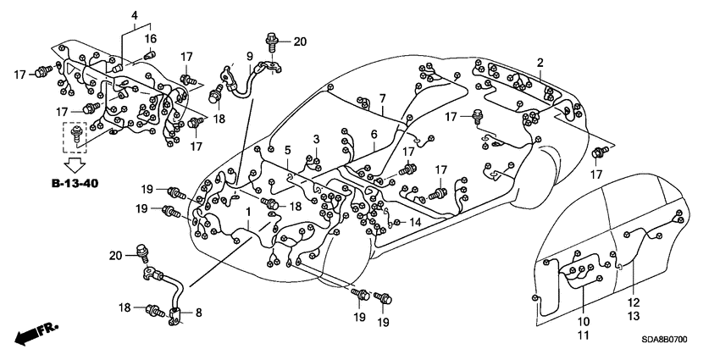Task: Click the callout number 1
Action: [247, 211]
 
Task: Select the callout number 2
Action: [540, 62]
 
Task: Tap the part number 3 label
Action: [316, 139]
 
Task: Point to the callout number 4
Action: [134, 15]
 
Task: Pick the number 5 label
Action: [287, 150]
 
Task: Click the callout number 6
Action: [373, 134]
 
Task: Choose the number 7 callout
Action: [382, 98]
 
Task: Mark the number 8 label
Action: [200, 313]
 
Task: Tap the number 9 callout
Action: [250, 57]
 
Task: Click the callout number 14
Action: [415, 222]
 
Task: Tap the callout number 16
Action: [149, 39]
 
